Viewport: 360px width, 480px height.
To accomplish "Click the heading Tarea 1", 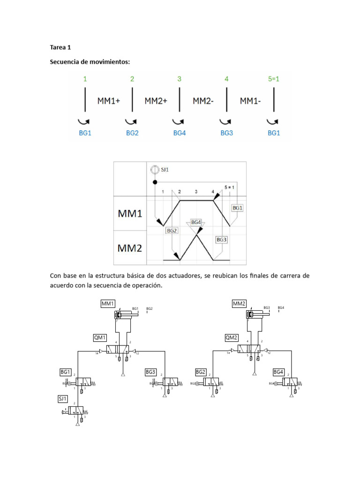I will coord(61,47).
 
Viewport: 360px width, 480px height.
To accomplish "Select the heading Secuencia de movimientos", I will coord(90,62).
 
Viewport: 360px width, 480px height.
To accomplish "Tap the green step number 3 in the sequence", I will coord(179,79).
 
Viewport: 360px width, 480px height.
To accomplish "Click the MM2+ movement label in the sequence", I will coord(156,100).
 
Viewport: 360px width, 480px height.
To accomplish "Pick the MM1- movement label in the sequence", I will coord(251,100).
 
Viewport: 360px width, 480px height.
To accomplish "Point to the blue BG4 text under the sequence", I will coord(179,133).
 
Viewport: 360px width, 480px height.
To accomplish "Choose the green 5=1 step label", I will coord(273,79).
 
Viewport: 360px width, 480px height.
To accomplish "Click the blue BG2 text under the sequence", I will coord(132,133).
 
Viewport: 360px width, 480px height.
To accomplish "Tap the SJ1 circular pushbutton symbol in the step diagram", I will coord(154,170).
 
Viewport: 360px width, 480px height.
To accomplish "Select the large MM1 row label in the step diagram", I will coord(129,214).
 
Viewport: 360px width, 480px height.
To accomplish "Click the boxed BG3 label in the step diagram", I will coord(221,240).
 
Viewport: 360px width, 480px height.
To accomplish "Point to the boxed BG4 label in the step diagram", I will coord(195,222).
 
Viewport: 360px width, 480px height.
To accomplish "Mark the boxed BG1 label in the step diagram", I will coord(237,207).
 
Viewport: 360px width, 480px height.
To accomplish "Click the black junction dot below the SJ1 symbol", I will coord(154,182).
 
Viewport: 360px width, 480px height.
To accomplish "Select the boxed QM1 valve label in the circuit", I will coord(100,337).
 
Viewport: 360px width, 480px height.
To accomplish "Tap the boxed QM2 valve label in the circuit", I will coord(232,337).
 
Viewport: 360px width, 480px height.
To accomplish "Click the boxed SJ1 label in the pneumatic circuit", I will coord(63,398).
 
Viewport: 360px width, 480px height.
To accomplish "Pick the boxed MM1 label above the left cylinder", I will coord(108,304).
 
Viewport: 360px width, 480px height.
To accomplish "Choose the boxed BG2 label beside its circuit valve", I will coord(201,372).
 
